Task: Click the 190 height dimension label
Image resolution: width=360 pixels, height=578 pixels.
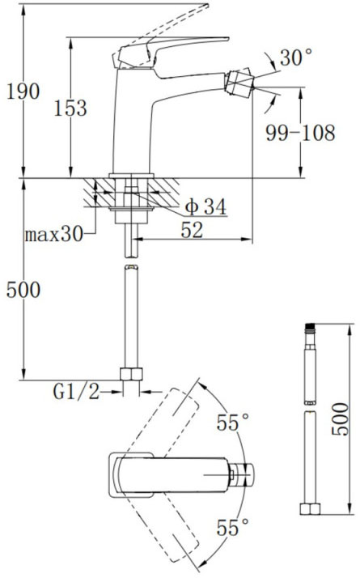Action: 23,91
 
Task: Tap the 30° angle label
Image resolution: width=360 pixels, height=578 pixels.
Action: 296,58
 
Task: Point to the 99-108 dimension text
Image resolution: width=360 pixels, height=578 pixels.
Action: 300,134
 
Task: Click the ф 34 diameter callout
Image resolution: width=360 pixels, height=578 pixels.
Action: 203,207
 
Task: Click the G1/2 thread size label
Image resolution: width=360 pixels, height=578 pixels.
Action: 76,393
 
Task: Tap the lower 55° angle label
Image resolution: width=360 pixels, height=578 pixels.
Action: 233,529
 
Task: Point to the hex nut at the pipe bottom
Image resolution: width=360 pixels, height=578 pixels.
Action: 129,376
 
